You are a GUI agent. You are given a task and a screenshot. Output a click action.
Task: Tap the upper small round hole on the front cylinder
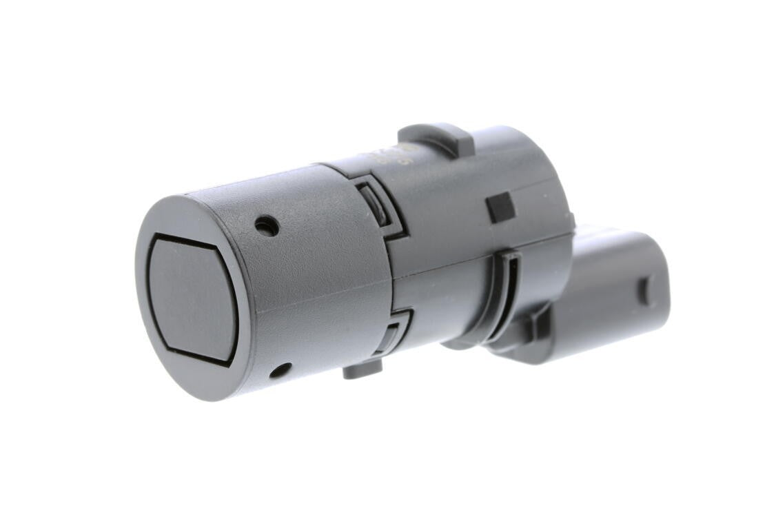tap(267, 225)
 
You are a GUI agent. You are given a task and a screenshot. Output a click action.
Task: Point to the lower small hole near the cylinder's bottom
tap(280, 371)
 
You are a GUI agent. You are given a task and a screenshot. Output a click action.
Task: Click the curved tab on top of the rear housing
tap(436, 137)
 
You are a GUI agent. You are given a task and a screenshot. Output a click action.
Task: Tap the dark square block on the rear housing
tap(500, 207)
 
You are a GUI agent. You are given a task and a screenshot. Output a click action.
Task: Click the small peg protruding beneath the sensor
tap(363, 370)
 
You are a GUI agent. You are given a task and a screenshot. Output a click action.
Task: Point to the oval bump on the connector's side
tap(646, 291)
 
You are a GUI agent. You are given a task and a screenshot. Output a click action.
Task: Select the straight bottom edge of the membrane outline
tap(200, 355)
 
